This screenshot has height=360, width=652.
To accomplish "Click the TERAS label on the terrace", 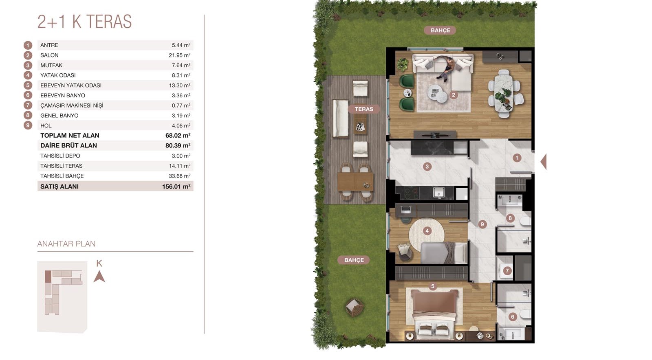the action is (x=364, y=109).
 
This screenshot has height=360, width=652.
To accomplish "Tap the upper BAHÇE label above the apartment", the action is (x=440, y=30).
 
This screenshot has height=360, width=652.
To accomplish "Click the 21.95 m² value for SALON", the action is (x=180, y=55).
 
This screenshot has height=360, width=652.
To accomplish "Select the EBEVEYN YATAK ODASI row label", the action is (x=71, y=86).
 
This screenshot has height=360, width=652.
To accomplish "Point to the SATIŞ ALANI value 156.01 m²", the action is (x=176, y=187).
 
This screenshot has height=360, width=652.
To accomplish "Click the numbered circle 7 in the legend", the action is (x=28, y=105).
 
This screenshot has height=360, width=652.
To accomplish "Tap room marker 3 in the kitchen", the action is (x=427, y=167).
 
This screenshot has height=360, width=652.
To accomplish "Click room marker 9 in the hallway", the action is (x=482, y=224).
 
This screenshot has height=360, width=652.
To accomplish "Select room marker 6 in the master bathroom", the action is (x=513, y=317).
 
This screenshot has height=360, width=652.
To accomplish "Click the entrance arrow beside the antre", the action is (x=544, y=161).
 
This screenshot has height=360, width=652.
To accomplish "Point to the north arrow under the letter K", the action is (x=99, y=277).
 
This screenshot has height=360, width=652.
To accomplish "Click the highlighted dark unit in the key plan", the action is (x=48, y=277).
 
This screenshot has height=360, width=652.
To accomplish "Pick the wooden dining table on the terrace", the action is (x=355, y=182).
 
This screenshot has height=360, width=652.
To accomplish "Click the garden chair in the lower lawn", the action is (x=355, y=307).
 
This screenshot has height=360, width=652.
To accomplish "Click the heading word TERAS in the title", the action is (x=109, y=22).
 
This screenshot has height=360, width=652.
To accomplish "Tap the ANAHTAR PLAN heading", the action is (x=66, y=244).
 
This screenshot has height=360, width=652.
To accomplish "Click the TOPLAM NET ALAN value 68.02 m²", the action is (x=178, y=136).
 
